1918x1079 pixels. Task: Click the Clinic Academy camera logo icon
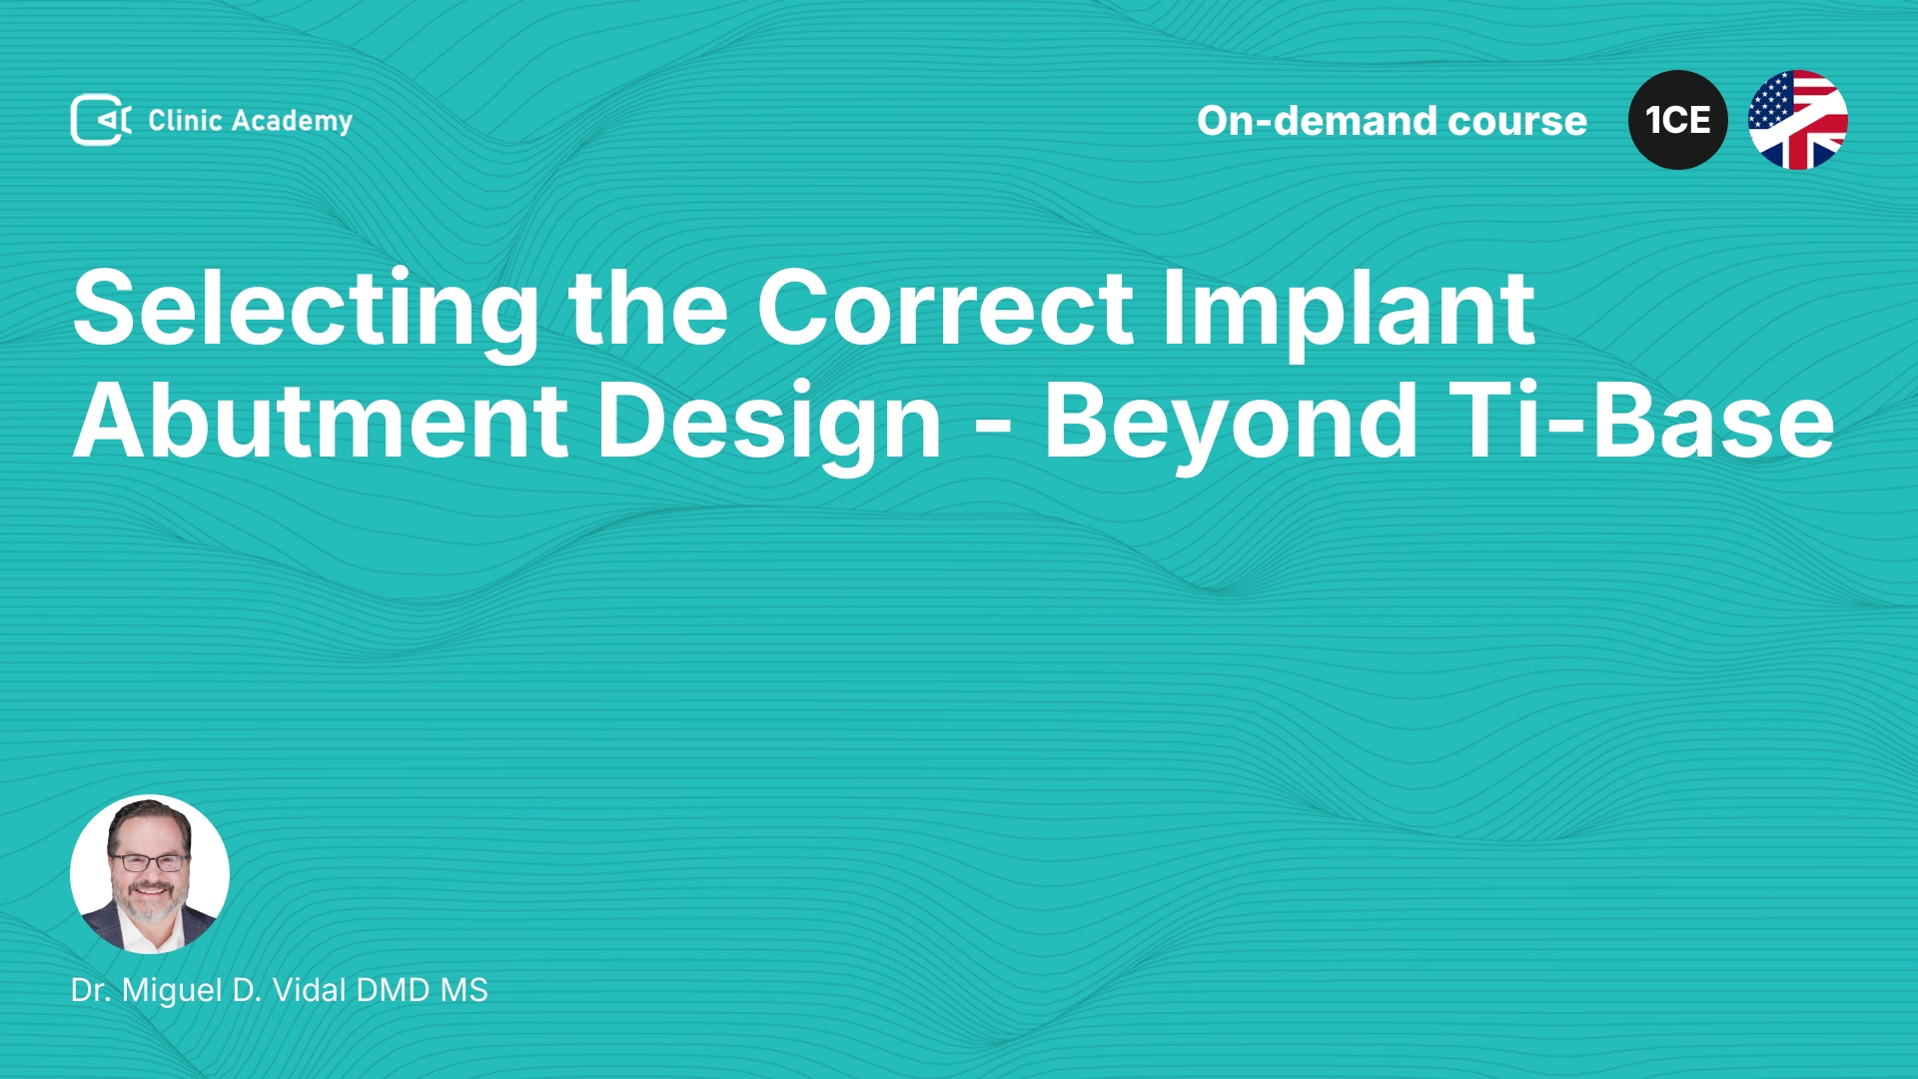pos(101,120)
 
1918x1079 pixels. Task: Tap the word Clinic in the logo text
pos(185,120)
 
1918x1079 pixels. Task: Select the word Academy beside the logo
pos(292,122)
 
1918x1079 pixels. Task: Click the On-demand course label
pos(1392,121)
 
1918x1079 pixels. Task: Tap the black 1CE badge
pos(1678,120)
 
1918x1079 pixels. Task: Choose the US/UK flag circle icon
pos(1798,120)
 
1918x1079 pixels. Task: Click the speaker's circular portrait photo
pos(150,874)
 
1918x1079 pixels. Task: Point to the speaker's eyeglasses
pos(148,862)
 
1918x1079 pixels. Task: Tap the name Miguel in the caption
pos(172,991)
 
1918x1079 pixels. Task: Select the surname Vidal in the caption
pos(310,990)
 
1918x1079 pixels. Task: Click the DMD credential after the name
pos(394,990)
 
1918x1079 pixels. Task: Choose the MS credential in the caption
pos(465,990)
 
